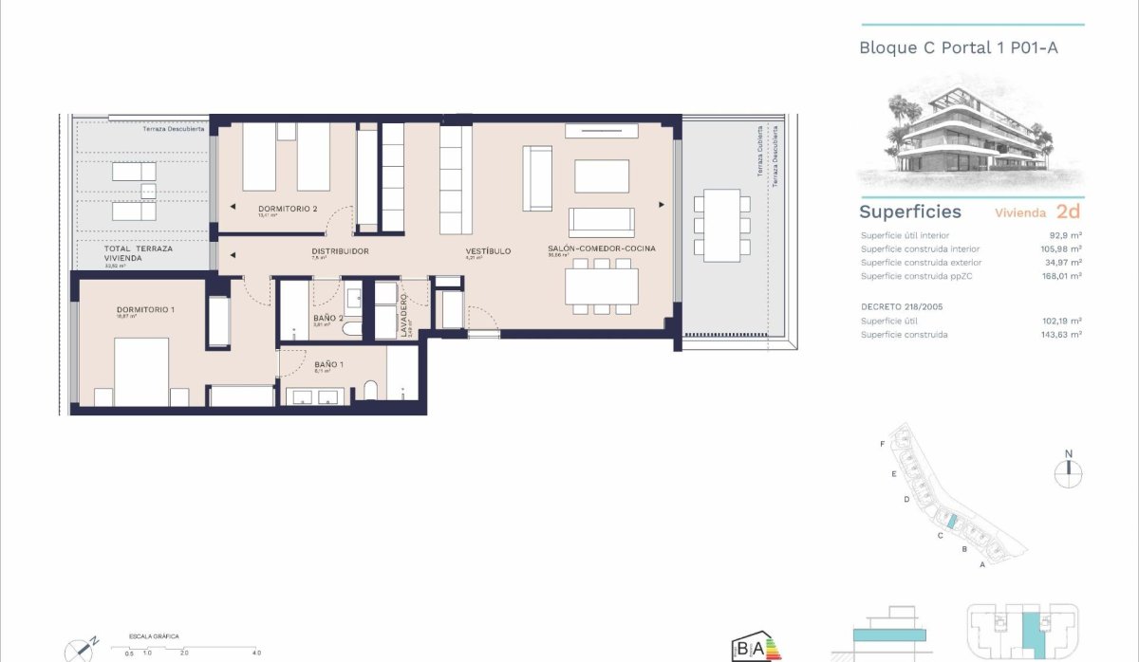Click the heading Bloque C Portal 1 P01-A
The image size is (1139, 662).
[x=958, y=46]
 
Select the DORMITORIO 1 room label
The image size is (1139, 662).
[x=147, y=310]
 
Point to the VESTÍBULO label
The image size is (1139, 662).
[x=488, y=251]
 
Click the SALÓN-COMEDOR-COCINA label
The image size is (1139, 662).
[x=602, y=249]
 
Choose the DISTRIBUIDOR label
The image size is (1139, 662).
[x=340, y=251]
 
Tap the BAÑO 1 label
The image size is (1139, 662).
[x=328, y=364]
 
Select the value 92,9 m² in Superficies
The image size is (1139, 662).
[x=1066, y=235]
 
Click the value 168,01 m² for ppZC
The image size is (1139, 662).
[x=1062, y=276]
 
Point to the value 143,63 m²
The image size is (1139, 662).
[x=1062, y=335]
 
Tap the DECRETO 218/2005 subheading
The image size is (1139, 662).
[x=901, y=307]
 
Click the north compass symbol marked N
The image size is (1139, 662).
[x=1069, y=471]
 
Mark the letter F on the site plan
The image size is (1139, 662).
[x=883, y=444]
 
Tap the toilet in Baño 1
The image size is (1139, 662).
[x=369, y=391]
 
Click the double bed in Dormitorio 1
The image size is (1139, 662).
[x=141, y=372]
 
